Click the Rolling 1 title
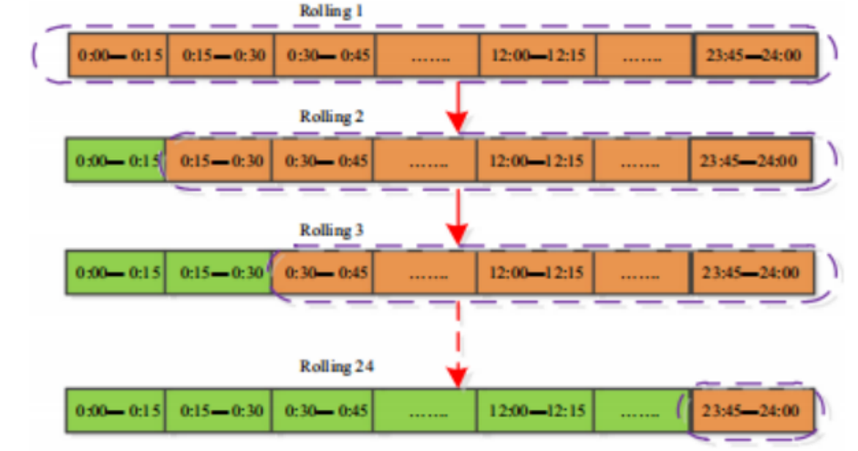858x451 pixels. coord(331,11)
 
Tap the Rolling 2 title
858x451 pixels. coord(331,117)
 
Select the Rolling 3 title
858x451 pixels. coord(331,230)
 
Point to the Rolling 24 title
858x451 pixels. coord(336,365)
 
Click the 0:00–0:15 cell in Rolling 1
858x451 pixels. coord(118,55)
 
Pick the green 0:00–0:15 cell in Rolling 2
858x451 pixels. coord(116,160)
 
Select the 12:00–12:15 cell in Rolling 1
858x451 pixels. coord(538,55)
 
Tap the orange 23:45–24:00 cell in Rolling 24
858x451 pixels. coord(752,411)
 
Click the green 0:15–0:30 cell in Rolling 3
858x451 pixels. coord(218,272)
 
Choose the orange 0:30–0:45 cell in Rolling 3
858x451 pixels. coord(322,272)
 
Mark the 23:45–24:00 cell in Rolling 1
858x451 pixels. coord(755,55)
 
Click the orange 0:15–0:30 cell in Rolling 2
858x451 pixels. coord(219,160)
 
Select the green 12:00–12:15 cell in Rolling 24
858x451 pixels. coord(535,411)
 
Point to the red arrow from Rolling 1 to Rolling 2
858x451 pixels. coord(458,108)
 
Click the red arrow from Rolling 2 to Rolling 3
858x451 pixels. coord(458,218)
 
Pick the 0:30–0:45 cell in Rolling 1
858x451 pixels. coord(325,55)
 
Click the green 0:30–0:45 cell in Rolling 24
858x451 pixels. coord(322,411)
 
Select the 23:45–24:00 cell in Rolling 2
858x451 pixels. coord(750,160)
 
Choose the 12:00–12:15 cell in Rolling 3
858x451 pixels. coord(535,272)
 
